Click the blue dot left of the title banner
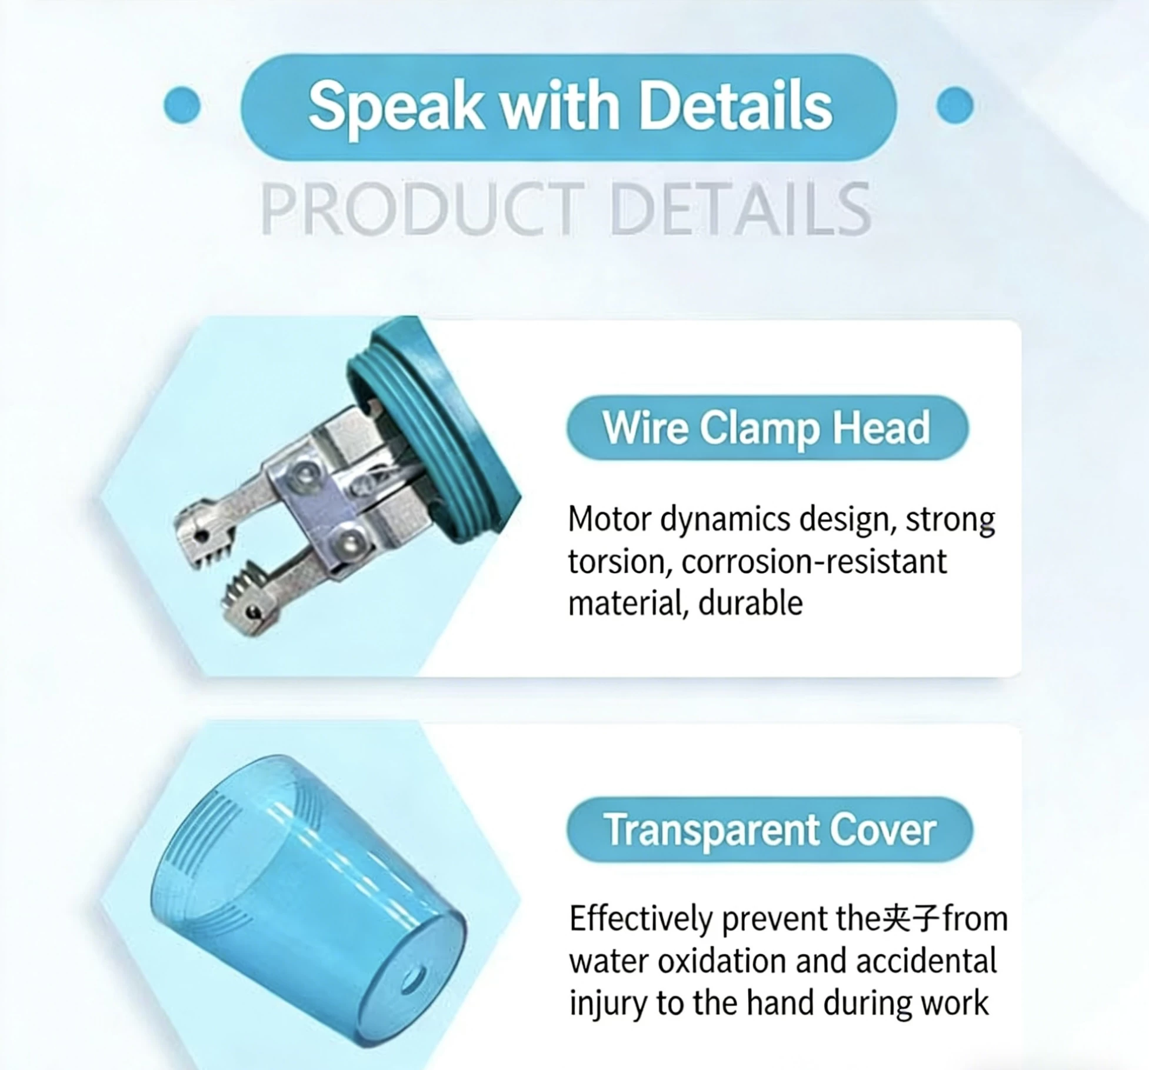pyautogui.click(x=182, y=105)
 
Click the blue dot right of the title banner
pyautogui.click(x=954, y=105)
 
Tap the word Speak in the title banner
pyautogui.click(x=395, y=106)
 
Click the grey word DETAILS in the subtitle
pyautogui.click(x=740, y=208)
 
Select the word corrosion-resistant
pyautogui.click(x=814, y=562)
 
